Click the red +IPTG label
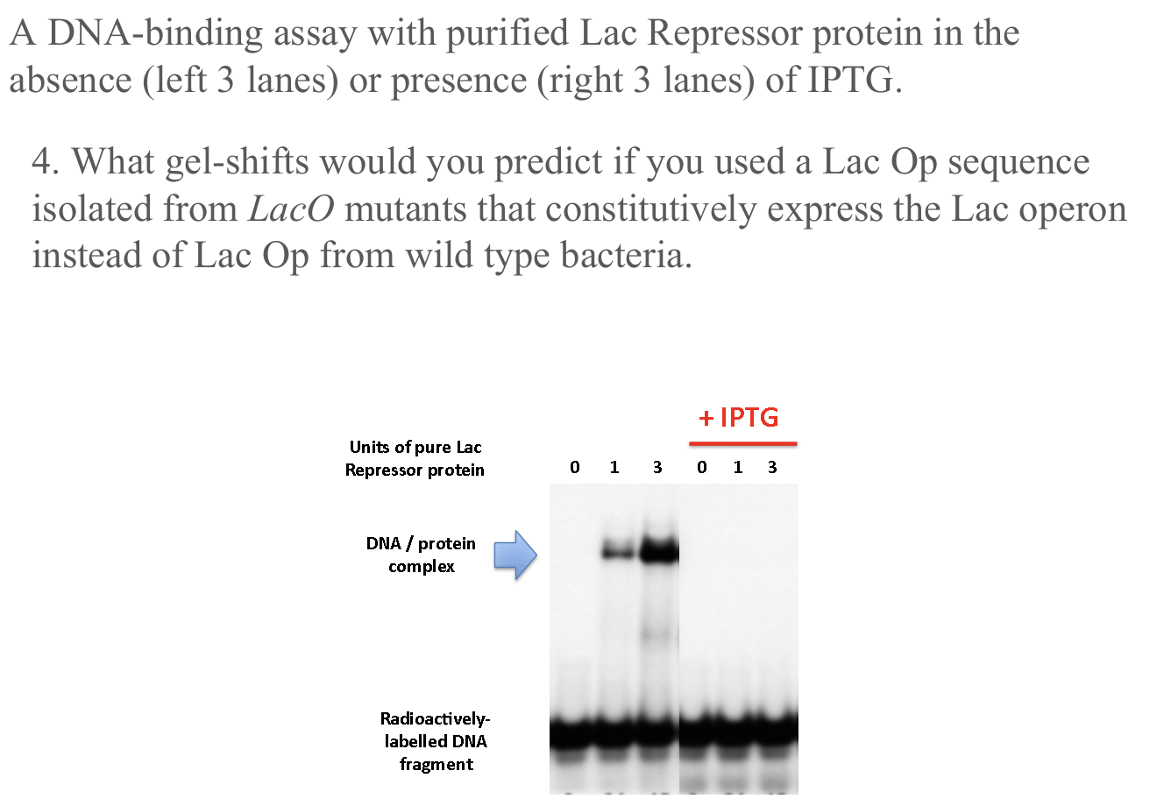tap(739, 417)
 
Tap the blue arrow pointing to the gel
tap(515, 555)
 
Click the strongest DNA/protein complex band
tap(659, 552)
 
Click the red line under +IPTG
tap(743, 444)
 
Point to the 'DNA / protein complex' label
tap(421, 555)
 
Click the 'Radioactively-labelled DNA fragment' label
tap(436, 741)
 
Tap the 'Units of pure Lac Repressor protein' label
tap(415, 458)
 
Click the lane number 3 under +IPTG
tap(772, 468)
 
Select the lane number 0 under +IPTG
tap(701, 468)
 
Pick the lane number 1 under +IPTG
tap(738, 468)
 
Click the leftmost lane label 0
tap(574, 468)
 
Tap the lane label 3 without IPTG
tap(657, 468)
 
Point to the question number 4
tap(46, 162)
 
